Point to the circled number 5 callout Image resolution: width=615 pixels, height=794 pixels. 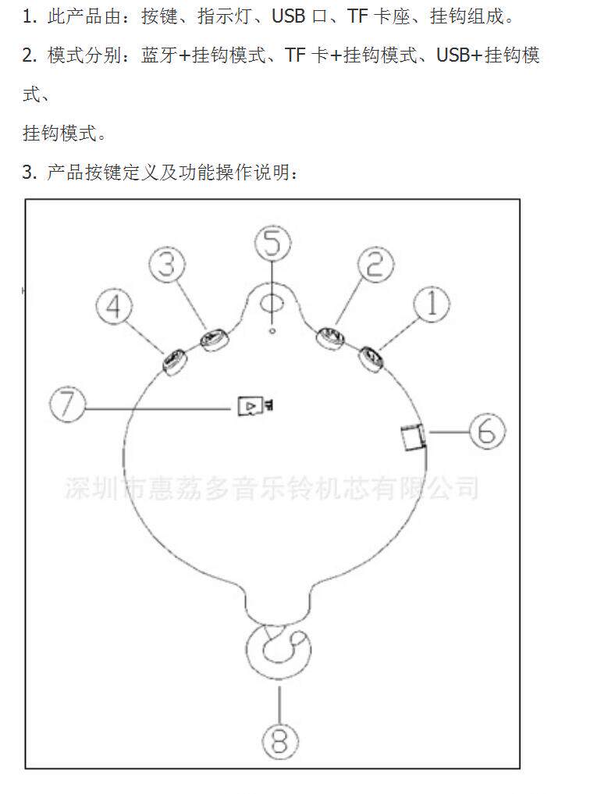click(x=272, y=242)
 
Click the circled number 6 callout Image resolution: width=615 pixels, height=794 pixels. click(x=486, y=430)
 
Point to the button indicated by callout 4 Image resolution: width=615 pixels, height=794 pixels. click(x=173, y=361)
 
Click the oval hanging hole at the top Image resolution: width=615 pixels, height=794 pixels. click(x=272, y=301)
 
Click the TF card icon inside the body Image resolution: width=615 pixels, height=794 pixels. click(x=252, y=405)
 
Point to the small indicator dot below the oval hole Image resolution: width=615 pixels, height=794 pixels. click(x=272, y=330)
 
